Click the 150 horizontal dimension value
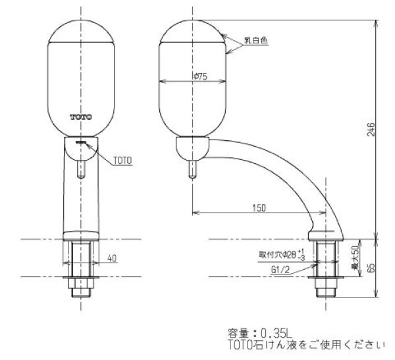click(x=259, y=208)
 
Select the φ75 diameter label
click(x=201, y=77)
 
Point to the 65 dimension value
click(x=373, y=269)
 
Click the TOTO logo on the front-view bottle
click(x=81, y=116)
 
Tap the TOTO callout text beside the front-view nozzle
click(x=122, y=159)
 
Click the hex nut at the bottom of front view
click(x=80, y=288)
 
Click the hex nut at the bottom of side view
click(x=327, y=288)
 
